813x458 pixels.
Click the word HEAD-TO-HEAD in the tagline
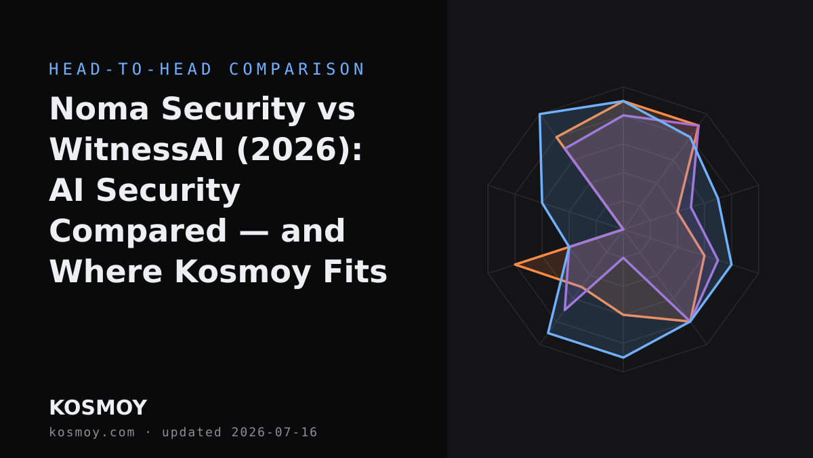(x=130, y=69)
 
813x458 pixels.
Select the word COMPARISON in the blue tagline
(x=297, y=69)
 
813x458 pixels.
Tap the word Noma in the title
(x=99, y=109)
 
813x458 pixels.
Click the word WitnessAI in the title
(x=136, y=149)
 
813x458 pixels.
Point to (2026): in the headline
(x=299, y=149)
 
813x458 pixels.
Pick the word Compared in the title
(x=138, y=231)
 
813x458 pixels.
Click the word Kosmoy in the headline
(x=243, y=272)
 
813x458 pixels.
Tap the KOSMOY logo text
(x=98, y=408)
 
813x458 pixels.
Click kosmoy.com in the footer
(x=92, y=432)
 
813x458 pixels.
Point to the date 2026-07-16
(x=274, y=432)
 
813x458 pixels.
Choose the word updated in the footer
(x=192, y=432)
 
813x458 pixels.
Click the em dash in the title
(x=255, y=232)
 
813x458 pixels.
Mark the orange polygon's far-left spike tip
(x=515, y=265)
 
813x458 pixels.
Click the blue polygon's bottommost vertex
(x=623, y=358)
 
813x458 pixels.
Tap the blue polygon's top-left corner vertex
(x=540, y=114)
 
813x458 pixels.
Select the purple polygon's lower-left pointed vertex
(x=565, y=310)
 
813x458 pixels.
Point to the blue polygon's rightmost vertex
(x=732, y=265)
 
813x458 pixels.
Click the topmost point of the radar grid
(x=623, y=87)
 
